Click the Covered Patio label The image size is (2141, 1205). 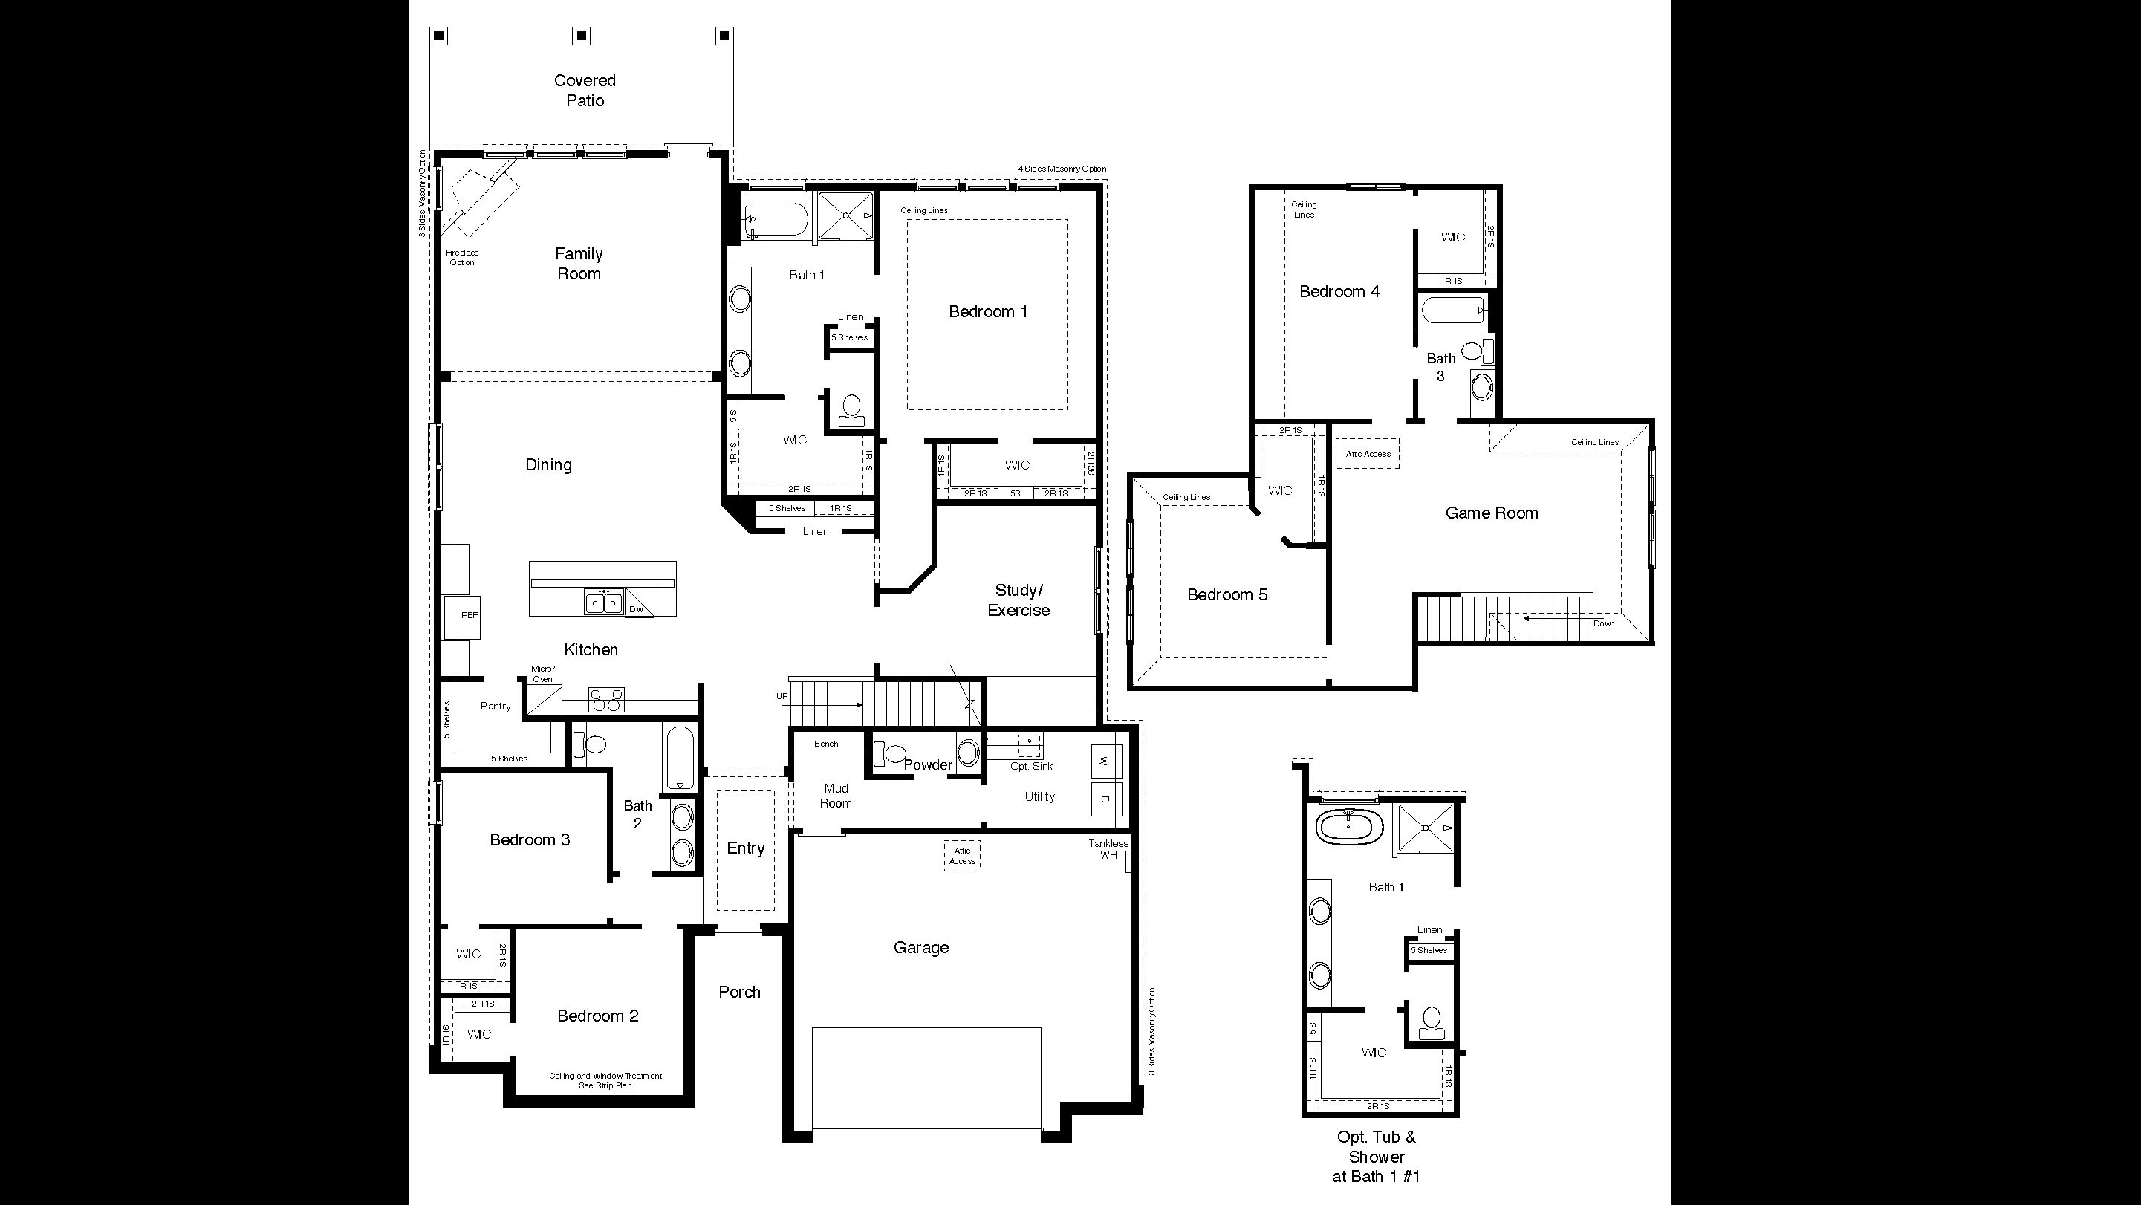585,91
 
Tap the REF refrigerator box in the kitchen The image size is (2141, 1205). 468,616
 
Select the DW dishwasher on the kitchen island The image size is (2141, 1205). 637,608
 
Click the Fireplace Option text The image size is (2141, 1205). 462,258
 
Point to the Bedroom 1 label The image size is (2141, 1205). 987,311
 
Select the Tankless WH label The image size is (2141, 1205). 1108,849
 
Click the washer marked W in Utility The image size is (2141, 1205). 1105,761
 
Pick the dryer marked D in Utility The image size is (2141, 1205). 1105,799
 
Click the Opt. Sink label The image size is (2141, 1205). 1030,766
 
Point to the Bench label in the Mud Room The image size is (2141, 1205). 826,744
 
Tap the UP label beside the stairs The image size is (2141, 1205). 782,696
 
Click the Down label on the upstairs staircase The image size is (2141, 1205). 1603,623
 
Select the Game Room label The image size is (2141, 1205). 1491,513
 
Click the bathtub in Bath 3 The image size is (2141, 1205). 1453,311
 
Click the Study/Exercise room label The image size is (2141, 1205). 1018,600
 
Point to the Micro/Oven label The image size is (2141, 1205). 543,674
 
